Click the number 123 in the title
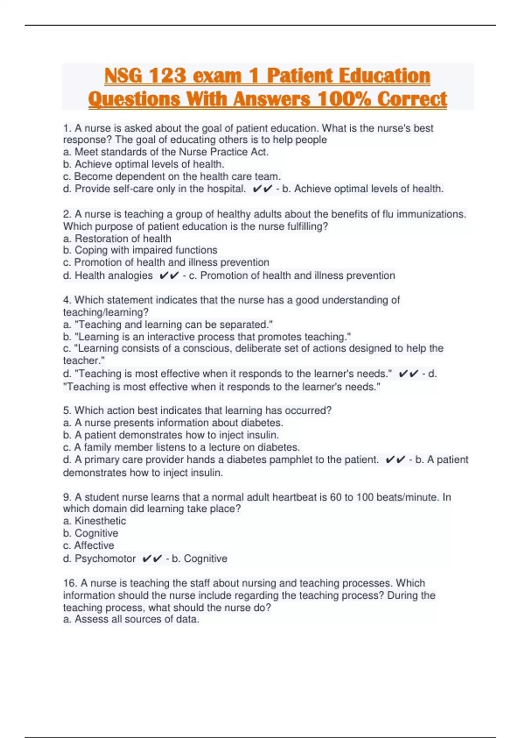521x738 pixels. [x=168, y=76]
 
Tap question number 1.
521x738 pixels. [x=66, y=128]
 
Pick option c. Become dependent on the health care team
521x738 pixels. [x=172, y=177]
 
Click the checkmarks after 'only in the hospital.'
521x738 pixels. [x=262, y=189]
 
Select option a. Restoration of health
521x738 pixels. [x=117, y=239]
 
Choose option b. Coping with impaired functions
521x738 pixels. [x=140, y=250]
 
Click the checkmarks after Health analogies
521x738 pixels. [x=169, y=276]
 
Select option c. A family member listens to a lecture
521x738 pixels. [x=181, y=448]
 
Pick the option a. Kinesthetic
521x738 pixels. [x=95, y=521]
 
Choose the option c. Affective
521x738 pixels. [x=89, y=546]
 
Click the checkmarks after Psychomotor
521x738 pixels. [x=152, y=559]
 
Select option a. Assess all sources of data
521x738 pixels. [x=131, y=619]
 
